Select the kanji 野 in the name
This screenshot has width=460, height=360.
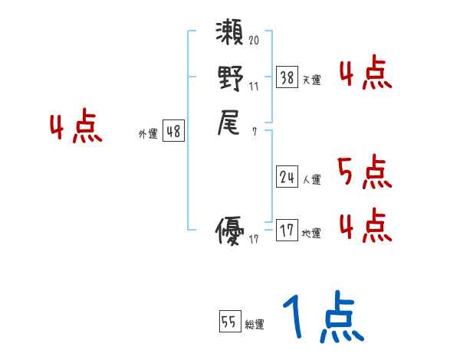click(x=230, y=79)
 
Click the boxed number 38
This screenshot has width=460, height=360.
click(x=287, y=77)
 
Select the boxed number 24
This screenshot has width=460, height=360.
click(x=287, y=177)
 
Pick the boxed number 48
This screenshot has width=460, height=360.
click(x=173, y=132)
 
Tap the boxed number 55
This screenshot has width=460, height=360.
click(x=229, y=322)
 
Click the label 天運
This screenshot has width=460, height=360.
click(x=311, y=80)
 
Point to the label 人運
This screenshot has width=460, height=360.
click(x=311, y=180)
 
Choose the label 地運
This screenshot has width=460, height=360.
click(x=311, y=233)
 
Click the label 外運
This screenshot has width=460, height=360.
click(x=148, y=134)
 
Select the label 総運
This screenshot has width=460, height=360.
click(x=255, y=325)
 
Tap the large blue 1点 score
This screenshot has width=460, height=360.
click(x=320, y=318)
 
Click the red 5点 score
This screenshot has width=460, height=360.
click(x=364, y=172)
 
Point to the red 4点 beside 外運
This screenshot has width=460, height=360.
click(x=76, y=127)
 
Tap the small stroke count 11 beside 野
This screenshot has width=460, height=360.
click(x=254, y=86)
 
